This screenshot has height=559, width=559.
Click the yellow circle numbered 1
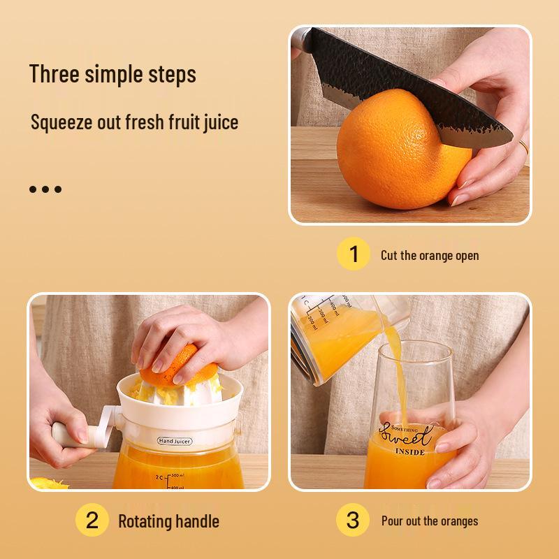pyautogui.click(x=354, y=254)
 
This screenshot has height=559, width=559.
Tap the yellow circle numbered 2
pyautogui.click(x=92, y=521)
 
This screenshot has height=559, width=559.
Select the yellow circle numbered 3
pyautogui.click(x=354, y=521)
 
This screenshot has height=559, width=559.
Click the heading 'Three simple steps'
pyautogui.click(x=112, y=74)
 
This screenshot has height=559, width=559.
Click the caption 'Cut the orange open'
pyautogui.click(x=430, y=255)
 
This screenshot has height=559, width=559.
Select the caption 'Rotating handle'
pyautogui.click(x=168, y=521)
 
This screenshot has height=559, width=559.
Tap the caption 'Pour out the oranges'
pyautogui.click(x=430, y=521)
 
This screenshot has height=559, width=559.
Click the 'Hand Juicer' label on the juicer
pyautogui.click(x=175, y=441)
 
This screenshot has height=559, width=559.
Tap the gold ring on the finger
pyautogui.click(x=523, y=148)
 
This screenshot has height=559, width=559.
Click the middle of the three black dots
pyautogui.click(x=45, y=189)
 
